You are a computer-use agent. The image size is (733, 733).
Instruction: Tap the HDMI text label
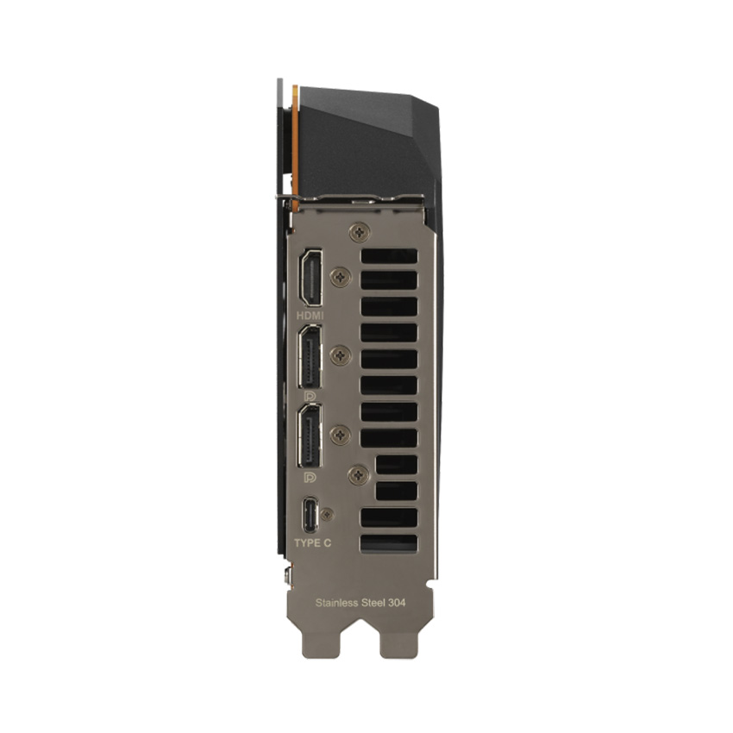310,316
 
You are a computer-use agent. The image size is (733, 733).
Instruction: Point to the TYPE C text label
312,543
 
